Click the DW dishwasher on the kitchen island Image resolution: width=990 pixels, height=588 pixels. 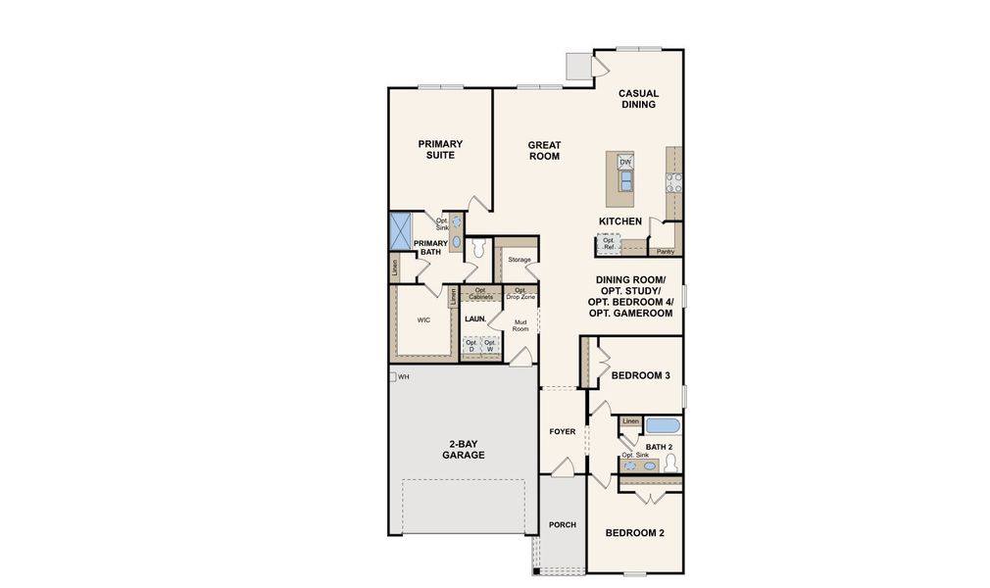click(x=625, y=162)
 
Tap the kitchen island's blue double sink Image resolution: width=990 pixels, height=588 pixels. click(x=625, y=178)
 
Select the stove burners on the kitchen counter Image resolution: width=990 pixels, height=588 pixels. click(x=674, y=181)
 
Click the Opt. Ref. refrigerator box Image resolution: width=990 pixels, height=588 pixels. click(x=609, y=241)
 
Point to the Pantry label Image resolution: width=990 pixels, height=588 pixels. click(x=666, y=252)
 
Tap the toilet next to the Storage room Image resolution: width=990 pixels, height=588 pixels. click(x=478, y=249)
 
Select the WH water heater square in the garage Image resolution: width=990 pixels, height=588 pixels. click(x=392, y=376)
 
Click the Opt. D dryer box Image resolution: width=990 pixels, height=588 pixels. click(x=471, y=345)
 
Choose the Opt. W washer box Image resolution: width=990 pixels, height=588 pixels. click(x=489, y=345)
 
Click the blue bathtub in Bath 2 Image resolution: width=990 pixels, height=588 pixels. click(x=663, y=426)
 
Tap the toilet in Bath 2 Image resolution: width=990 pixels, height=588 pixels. click(x=670, y=463)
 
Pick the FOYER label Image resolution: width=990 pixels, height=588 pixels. click(x=562, y=431)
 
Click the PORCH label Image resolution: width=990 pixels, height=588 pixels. click(x=562, y=524)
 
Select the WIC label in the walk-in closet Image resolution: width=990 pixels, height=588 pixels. click(x=423, y=319)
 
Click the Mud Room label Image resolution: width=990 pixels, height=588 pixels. click(x=520, y=325)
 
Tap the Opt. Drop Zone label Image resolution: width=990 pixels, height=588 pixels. click(x=520, y=292)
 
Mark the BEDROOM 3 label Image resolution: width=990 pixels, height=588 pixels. click(x=640, y=375)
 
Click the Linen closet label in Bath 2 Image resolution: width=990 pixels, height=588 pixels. click(x=630, y=421)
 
